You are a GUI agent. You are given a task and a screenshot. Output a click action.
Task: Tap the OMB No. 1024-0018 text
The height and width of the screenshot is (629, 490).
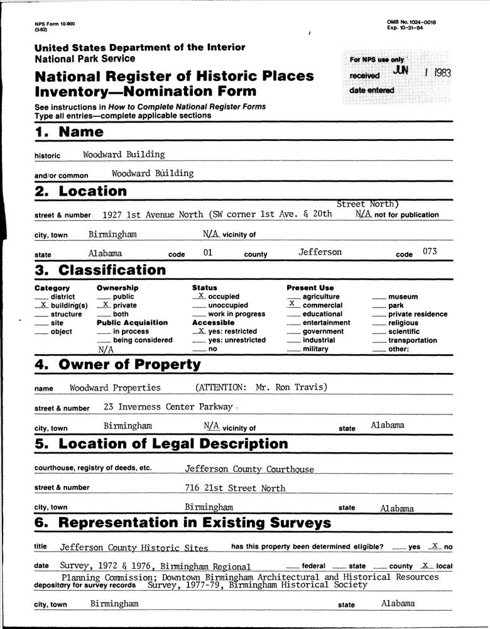411,23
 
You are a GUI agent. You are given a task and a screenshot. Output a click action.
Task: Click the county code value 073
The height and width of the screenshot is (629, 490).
429,252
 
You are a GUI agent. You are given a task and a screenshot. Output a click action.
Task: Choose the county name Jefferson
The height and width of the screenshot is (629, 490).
320,252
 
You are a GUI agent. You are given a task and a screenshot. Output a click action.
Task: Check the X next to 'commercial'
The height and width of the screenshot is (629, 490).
293,303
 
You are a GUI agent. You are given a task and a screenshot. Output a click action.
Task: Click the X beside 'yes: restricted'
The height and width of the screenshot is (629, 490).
200,330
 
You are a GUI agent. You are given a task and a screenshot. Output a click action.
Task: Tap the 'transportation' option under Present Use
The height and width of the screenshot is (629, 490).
413,340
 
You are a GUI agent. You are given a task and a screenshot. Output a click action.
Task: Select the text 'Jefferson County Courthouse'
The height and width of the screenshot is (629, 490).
249,469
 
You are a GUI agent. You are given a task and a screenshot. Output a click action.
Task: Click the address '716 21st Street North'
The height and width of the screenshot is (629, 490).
235,488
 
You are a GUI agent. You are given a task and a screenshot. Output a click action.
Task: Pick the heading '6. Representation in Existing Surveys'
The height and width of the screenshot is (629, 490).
183,523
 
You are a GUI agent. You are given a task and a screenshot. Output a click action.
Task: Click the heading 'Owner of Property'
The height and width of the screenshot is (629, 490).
129,364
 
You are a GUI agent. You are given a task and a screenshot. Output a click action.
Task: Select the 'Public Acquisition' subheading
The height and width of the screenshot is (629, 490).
132,323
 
